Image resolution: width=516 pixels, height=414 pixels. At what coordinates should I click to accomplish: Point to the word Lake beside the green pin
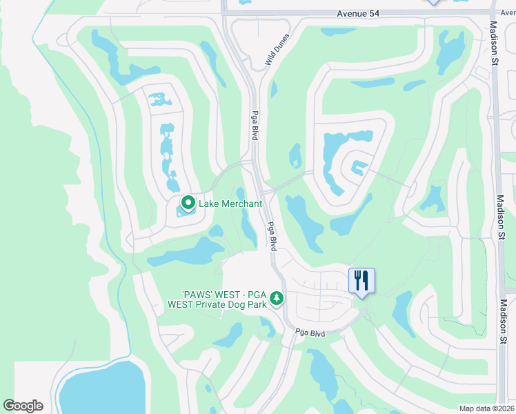[209, 204]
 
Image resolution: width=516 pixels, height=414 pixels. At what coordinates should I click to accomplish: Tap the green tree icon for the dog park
[277, 298]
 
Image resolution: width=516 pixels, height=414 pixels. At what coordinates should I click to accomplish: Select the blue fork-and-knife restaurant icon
[361, 281]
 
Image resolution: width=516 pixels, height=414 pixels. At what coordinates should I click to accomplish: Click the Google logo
[23, 406]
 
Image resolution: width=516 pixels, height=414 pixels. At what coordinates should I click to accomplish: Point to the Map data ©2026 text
[486, 408]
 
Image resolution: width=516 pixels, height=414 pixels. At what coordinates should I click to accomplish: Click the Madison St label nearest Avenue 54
[494, 41]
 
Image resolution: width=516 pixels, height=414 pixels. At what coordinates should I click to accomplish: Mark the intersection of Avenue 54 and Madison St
[494, 12]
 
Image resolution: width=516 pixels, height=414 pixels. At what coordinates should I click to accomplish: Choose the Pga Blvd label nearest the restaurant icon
[310, 332]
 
